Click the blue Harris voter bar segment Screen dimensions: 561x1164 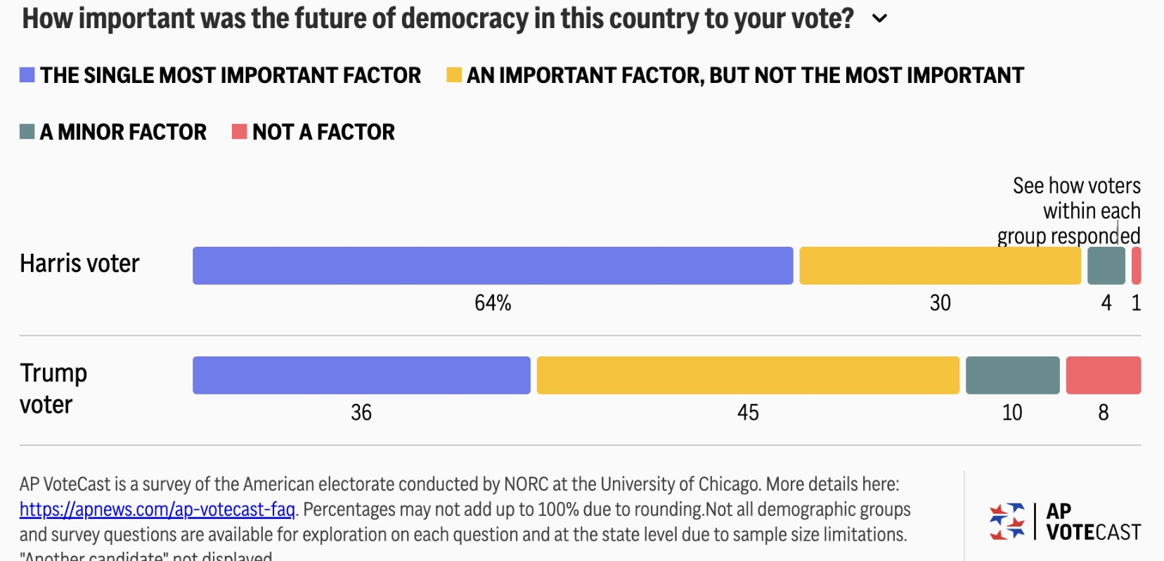(x=492, y=266)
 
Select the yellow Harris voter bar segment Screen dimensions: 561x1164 (x=940, y=266)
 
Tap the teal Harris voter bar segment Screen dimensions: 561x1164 (x=1106, y=266)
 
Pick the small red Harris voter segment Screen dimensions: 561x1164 (x=1136, y=266)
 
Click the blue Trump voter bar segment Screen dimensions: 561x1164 (x=361, y=375)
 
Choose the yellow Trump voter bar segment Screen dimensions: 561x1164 (x=748, y=375)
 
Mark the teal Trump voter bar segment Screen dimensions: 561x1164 (x=1012, y=375)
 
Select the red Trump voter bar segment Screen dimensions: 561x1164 (x=1103, y=375)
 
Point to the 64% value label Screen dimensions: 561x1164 (x=493, y=303)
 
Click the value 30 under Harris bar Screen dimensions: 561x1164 (x=940, y=303)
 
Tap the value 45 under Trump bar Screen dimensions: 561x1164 (x=748, y=413)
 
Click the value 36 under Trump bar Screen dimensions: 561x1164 (x=361, y=413)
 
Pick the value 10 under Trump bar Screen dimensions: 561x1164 (x=1012, y=413)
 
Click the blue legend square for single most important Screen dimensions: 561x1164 (x=27, y=75)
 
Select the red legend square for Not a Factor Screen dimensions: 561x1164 (x=240, y=131)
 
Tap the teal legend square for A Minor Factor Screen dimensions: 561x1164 (x=27, y=131)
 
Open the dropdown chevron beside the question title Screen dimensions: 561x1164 (x=879, y=19)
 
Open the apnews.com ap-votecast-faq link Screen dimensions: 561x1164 (x=157, y=510)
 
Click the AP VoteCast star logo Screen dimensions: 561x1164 (x=1007, y=522)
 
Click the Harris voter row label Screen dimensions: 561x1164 (x=79, y=264)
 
